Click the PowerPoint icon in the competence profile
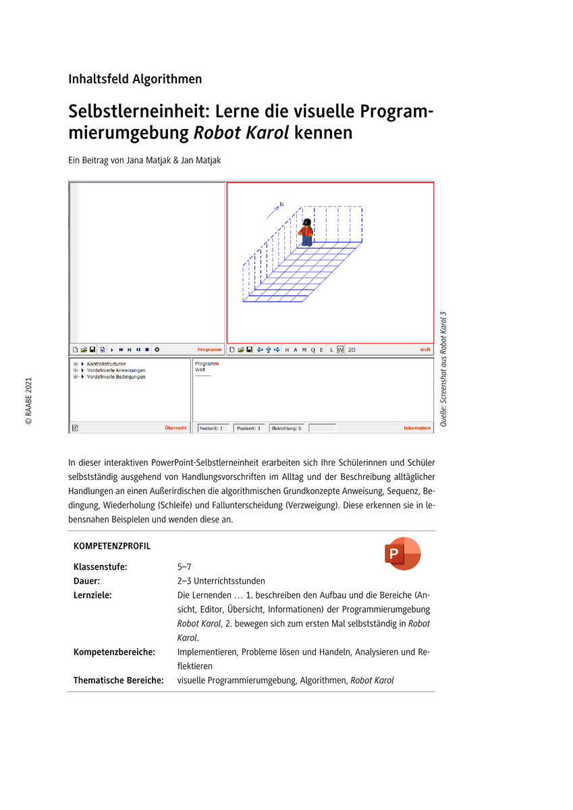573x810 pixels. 402,553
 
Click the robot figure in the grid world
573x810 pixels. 306,232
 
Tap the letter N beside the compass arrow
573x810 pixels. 281,204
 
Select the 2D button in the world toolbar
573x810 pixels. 352,350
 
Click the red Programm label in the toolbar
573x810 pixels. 209,350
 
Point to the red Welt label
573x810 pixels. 425,350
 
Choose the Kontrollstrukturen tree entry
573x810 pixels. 106,364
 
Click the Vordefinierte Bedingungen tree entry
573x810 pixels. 115,377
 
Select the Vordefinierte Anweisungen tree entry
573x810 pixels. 115,371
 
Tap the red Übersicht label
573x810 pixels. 175,428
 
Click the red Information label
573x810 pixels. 417,428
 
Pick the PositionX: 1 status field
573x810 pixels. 212,428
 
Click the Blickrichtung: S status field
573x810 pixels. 286,428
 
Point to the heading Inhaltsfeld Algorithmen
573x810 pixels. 135,79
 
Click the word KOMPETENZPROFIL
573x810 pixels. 111,546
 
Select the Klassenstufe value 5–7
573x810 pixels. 184,567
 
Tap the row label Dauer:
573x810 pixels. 87,580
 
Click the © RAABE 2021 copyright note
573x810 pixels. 29,401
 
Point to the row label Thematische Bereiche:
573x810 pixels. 118,680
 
